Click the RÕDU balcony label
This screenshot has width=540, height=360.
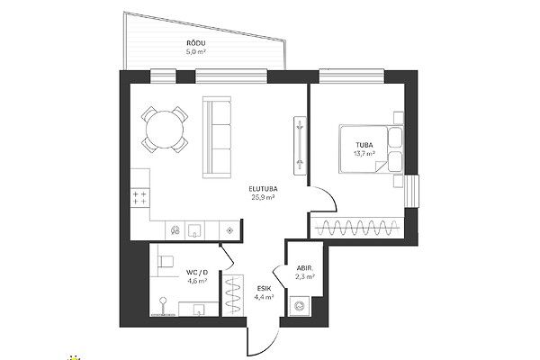196,43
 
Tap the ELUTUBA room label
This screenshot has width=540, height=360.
263,189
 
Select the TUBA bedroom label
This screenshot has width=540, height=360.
364,145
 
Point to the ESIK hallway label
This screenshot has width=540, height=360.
265,288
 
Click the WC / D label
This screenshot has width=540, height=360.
197,273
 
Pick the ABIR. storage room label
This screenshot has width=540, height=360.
305,268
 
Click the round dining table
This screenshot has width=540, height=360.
165,130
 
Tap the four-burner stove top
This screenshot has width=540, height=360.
139,198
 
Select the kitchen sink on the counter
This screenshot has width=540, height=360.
195,230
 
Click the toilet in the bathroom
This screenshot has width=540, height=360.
166,261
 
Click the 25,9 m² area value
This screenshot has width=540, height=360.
264,197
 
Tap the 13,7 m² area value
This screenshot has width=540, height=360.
364,154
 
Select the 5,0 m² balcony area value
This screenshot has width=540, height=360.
196,52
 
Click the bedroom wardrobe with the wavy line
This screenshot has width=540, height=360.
356,228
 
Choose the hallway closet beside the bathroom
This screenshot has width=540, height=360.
233,295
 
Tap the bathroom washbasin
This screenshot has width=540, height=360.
198,309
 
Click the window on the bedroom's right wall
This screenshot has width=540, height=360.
411,191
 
